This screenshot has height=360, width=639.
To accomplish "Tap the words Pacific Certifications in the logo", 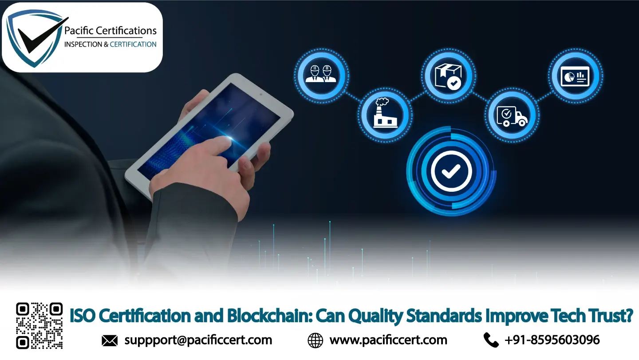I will [x=110, y=31].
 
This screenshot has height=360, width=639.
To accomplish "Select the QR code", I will [x=39, y=325].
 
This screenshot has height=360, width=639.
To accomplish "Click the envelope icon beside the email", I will [x=110, y=340].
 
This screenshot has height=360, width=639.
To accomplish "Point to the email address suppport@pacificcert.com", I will [x=198, y=340].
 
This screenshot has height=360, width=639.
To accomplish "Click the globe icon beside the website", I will [x=315, y=340].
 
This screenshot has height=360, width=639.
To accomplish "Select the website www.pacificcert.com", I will [x=388, y=340].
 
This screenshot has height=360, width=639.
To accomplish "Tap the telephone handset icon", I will [x=491, y=340].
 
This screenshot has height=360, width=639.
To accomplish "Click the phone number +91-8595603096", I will [x=552, y=340].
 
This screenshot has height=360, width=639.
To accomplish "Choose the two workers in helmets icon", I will [x=322, y=73].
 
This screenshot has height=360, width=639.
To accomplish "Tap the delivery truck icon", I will [x=512, y=115].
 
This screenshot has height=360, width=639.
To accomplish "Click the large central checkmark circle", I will [x=451, y=171].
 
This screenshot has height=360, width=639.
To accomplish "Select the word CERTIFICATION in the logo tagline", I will [x=133, y=44].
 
